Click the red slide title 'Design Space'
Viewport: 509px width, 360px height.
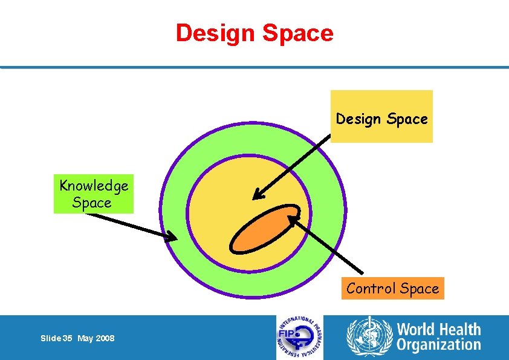pos(254,33)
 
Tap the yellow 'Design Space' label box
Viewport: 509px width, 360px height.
pos(381,116)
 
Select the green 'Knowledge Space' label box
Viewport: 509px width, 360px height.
pos(93,194)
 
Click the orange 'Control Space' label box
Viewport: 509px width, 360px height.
pos(393,289)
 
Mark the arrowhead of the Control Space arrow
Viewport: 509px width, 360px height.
pos(292,219)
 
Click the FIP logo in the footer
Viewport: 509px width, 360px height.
pos(300,338)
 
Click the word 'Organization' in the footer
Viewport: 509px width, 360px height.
pos(439,345)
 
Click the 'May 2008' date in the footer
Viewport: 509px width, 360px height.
pos(96,338)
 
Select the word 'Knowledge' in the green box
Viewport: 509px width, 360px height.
pos(94,186)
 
